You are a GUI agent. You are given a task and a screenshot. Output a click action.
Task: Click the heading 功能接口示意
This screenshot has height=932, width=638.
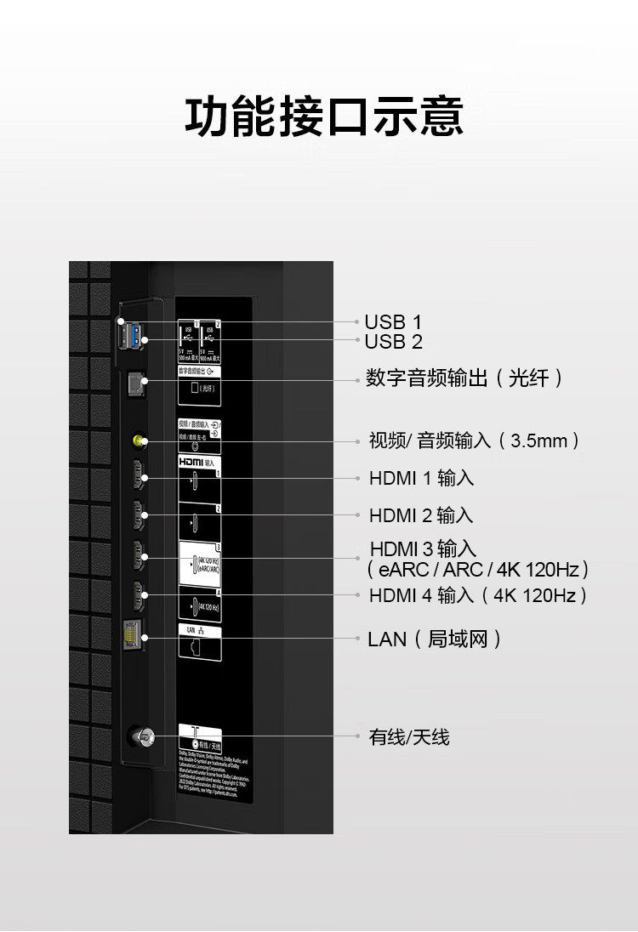[324, 116]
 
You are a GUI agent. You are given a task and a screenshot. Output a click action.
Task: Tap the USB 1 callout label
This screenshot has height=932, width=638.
[392, 322]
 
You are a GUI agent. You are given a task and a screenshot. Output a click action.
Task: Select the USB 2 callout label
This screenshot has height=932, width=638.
[392, 342]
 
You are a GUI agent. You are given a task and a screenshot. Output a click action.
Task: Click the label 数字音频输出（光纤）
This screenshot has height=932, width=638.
[464, 378]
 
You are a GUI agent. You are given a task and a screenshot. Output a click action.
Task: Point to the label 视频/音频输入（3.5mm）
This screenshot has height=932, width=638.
[475, 440]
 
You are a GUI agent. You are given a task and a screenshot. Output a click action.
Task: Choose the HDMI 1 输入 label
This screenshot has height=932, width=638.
[421, 478]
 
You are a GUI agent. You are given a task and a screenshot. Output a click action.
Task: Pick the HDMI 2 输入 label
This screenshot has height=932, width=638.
[420, 515]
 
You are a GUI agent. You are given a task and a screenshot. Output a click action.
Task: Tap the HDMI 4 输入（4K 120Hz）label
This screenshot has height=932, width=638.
[478, 595]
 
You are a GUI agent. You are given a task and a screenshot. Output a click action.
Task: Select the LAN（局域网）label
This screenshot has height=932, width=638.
[435, 639]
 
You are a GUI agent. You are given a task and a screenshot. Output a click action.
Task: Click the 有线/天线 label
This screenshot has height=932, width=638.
[409, 737]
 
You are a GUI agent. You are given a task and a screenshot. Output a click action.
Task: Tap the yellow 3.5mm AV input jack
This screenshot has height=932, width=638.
[140, 441]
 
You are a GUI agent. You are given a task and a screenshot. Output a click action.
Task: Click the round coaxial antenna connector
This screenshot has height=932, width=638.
[140, 736]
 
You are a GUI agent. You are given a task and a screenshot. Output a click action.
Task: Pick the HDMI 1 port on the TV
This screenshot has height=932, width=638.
[137, 477]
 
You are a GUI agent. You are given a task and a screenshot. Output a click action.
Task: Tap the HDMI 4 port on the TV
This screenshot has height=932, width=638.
[137, 594]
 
